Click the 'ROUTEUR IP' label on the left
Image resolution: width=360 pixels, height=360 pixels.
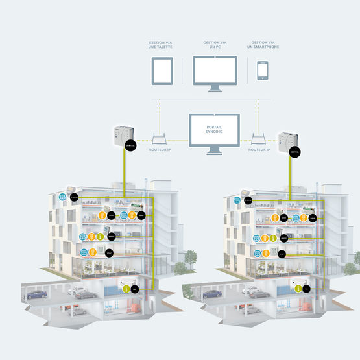coord(160,150)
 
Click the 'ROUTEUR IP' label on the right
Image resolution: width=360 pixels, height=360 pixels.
coord(259,150)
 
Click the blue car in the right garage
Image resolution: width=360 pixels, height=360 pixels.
coord(213,294)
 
